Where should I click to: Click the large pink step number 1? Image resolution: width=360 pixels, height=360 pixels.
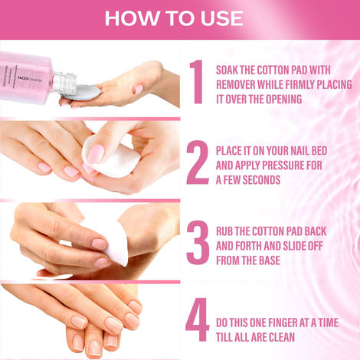[x=196, y=83]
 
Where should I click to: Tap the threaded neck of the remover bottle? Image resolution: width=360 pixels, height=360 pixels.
[x=63, y=82]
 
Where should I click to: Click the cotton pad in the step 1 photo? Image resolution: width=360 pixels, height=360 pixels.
[x=87, y=92]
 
